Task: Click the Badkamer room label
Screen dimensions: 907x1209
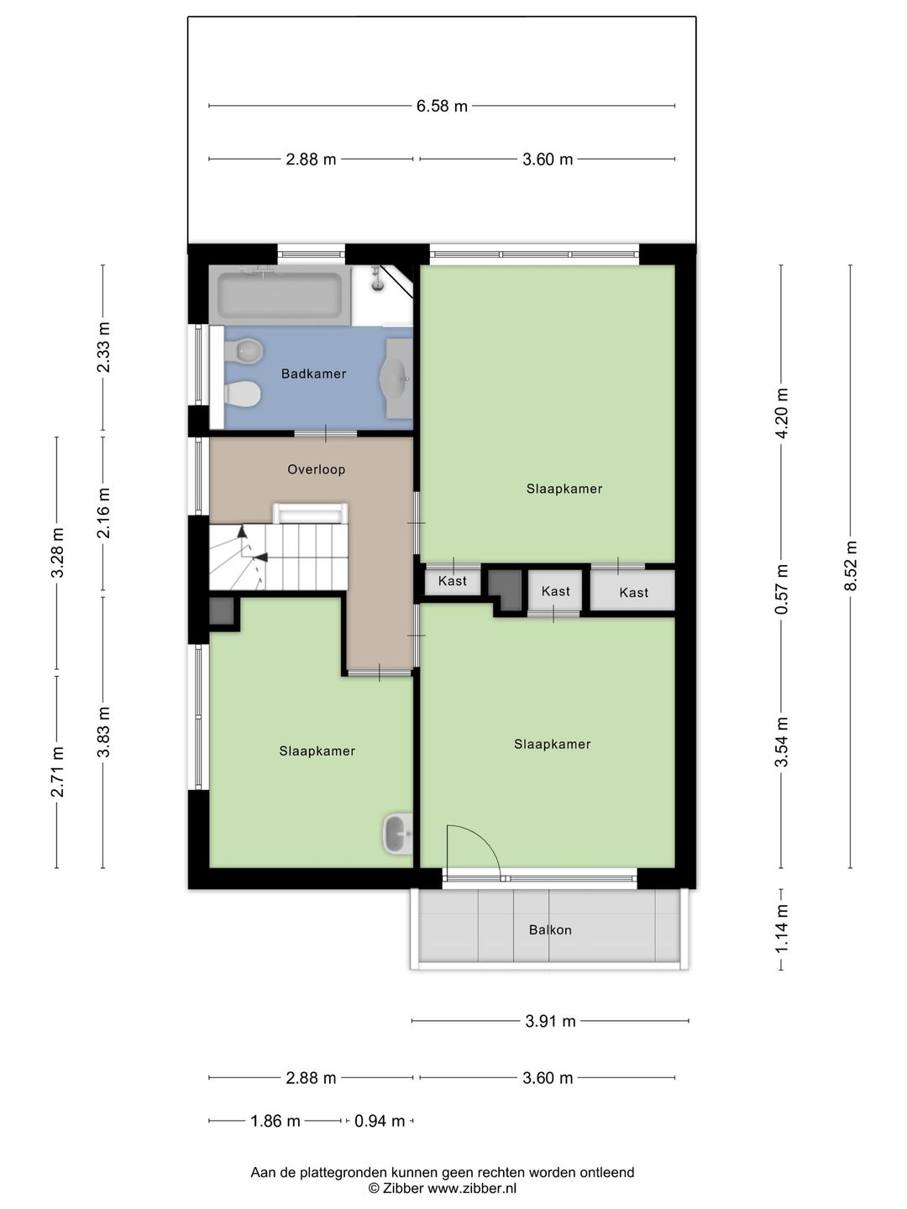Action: pyautogui.click(x=313, y=374)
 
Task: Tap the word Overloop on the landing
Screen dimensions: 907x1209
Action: pyautogui.click(x=316, y=469)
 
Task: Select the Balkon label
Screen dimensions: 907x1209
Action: pyautogui.click(x=550, y=929)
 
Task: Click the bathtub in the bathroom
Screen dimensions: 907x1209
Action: pyautogui.click(x=280, y=296)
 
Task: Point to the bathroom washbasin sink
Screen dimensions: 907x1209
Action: pyautogui.click(x=396, y=379)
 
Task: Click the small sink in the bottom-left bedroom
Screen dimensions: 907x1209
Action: pyautogui.click(x=397, y=835)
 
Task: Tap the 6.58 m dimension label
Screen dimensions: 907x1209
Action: pyautogui.click(x=442, y=106)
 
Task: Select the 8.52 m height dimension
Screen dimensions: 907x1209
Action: pyautogui.click(x=851, y=565)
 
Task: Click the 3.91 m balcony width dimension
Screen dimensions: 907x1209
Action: pyautogui.click(x=550, y=1021)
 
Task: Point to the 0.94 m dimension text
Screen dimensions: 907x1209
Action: pyautogui.click(x=380, y=1121)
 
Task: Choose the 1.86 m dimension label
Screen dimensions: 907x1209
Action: pyautogui.click(x=275, y=1121)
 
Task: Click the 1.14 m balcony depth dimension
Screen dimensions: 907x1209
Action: pyautogui.click(x=781, y=929)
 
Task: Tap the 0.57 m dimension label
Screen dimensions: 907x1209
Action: pyautogui.click(x=781, y=589)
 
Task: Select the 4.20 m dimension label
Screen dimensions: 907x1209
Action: pyautogui.click(x=781, y=412)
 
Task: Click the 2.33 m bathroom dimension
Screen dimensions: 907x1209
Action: pyautogui.click(x=103, y=347)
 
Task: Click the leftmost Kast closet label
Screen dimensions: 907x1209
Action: pyautogui.click(x=452, y=580)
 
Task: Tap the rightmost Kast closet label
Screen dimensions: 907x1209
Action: pyautogui.click(x=633, y=593)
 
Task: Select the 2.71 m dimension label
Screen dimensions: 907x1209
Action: pyautogui.click(x=57, y=772)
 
